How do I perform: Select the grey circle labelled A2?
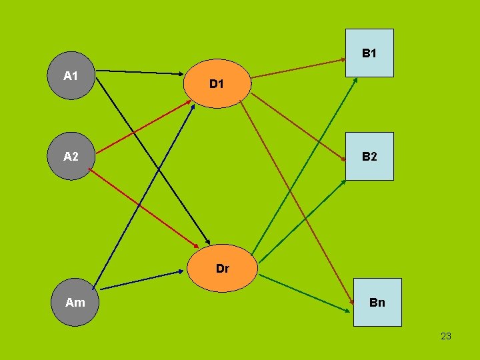[72, 156]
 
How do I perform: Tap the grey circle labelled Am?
[75, 301]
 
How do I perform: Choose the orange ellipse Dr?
[222, 268]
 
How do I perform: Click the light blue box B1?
[369, 53]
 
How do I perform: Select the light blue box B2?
[369, 157]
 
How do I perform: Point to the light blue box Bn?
[377, 302]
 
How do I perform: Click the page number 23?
[446, 336]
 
